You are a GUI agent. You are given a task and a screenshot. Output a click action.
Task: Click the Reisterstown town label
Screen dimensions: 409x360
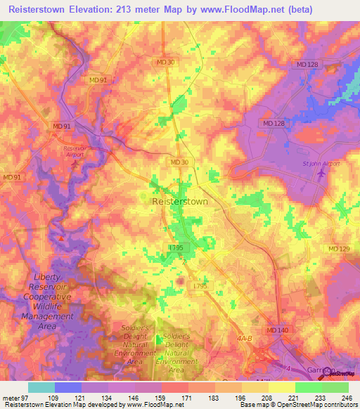coord(179,201)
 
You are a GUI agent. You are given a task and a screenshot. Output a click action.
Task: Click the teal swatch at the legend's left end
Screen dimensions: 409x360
coord(41,387)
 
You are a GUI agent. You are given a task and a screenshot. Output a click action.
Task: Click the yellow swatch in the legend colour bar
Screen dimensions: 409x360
coord(281,387)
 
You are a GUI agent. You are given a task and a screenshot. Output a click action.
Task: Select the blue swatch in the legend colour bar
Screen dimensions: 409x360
coord(67,387)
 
